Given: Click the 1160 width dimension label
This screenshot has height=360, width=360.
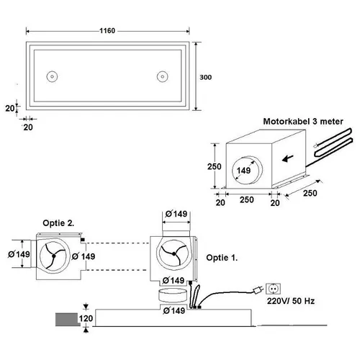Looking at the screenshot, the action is click(107, 31).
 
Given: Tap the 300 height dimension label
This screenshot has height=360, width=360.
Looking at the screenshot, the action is click(205, 77).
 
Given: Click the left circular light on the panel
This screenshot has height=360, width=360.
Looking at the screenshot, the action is click(52, 76).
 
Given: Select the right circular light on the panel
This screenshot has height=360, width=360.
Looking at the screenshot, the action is click(163, 76).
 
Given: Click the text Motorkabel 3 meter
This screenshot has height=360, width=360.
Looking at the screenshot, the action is click(303, 121).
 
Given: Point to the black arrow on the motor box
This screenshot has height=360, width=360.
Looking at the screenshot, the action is click(287, 158).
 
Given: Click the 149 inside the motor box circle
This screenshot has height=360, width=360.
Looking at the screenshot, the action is click(243, 171).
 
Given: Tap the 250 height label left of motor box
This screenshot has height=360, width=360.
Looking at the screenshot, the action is click(215, 166).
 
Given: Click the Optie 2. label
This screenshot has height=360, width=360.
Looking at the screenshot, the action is click(58, 223).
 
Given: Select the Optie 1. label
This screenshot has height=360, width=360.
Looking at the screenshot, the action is click(222, 258).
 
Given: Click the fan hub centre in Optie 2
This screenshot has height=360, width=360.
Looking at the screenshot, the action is click(54, 256).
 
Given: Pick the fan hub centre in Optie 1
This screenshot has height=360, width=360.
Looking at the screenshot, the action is click(174, 253).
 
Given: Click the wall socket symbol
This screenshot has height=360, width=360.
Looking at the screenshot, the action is click(273, 289).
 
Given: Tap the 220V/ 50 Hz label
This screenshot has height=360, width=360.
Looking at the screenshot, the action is click(291, 301).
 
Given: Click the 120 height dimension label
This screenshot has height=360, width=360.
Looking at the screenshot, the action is click(86, 318).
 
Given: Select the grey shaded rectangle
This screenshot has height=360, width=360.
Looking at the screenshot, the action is click(67, 320).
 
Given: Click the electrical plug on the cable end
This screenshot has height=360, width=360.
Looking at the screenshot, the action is click(258, 291).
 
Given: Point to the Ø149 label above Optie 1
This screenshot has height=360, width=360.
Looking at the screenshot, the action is click(176, 214).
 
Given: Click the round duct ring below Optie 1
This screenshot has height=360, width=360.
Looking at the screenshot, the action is click(172, 295).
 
